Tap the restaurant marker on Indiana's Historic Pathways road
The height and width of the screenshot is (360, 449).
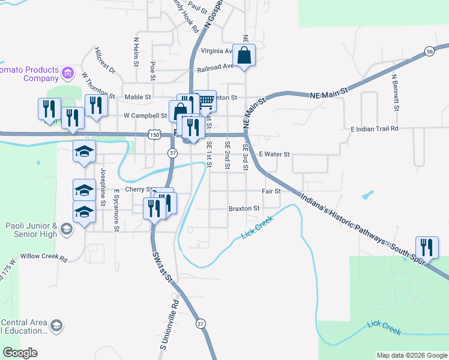pos(427,247)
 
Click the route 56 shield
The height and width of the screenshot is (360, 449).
pos(429,52)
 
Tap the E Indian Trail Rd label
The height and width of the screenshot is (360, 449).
pos(375,128)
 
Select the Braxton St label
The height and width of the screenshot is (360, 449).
pos(244,209)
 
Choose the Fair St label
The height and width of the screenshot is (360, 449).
pos(271,191)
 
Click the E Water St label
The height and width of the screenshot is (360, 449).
pos(274,154)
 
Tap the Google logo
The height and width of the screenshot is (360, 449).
pos(20,353)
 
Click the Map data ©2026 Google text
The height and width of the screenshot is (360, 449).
pos(412,355)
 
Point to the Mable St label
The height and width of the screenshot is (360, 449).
pos(137,97)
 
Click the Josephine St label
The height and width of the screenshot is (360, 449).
pos(103,187)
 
